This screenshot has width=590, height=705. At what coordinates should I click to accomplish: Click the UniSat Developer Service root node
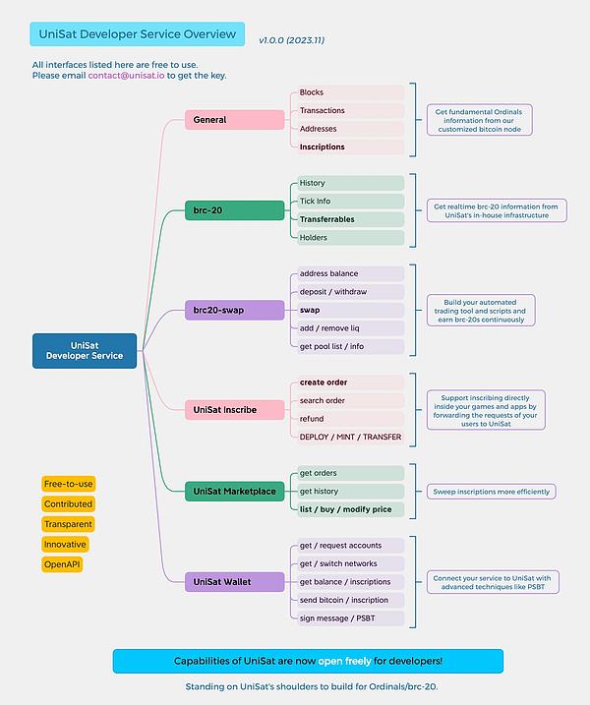(84, 350)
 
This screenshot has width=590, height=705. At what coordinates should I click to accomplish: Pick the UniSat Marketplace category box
(234, 491)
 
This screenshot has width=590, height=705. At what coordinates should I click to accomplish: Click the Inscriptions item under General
(350, 147)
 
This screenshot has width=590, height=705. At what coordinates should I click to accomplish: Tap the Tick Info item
(350, 202)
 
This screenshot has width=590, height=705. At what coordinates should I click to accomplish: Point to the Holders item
(350, 238)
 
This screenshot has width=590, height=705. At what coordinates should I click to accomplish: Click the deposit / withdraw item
(350, 292)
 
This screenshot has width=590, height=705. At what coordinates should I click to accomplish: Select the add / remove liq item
(350, 328)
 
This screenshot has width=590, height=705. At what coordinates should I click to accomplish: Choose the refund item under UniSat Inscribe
(350, 419)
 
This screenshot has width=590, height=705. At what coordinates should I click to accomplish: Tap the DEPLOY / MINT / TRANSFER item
(350, 437)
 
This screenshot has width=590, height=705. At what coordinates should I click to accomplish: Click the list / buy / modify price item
(350, 509)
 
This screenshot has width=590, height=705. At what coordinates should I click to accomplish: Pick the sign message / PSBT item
(350, 617)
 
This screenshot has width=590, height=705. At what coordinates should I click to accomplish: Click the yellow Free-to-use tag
(68, 484)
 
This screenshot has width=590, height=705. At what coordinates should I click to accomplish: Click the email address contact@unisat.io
(127, 75)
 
